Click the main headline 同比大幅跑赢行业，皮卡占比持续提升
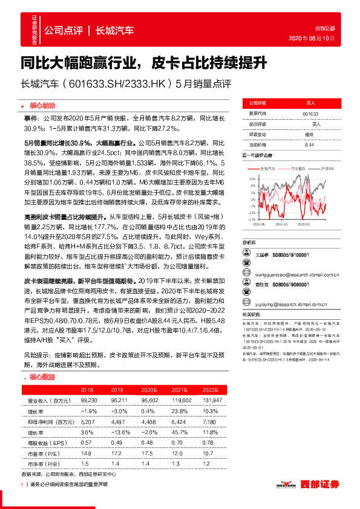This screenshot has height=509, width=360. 149,62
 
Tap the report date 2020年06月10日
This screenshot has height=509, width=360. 320,39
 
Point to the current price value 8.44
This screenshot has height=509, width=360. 309,144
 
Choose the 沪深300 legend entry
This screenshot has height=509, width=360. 327,169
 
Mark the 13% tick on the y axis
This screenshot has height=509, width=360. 251,179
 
